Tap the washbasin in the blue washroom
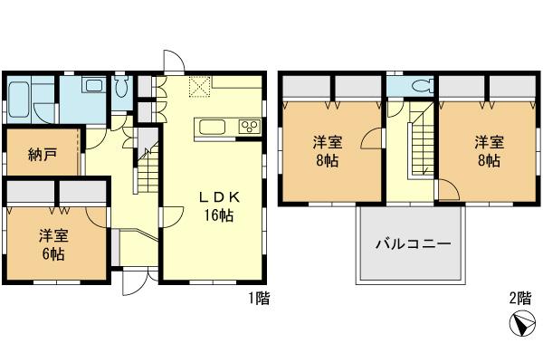coord(93,86)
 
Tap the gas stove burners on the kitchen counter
coord(249,126)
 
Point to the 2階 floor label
coord(519,297)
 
